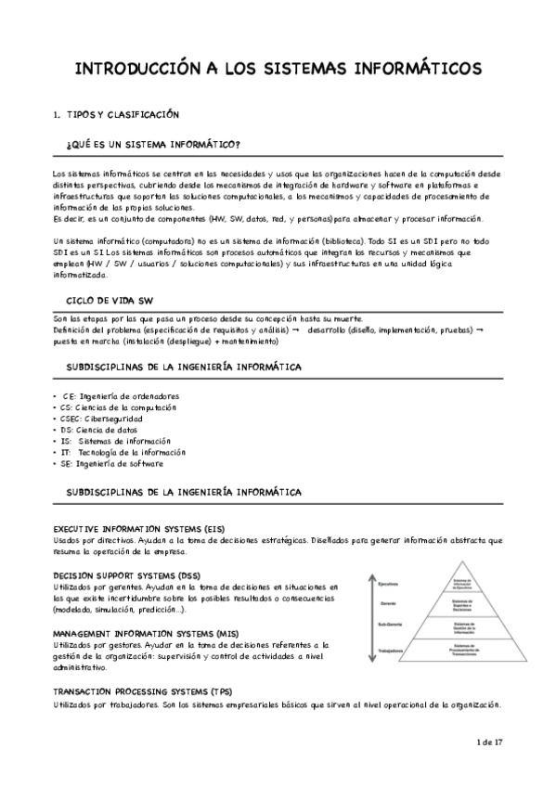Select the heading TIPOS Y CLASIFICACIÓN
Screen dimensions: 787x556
tap(122, 114)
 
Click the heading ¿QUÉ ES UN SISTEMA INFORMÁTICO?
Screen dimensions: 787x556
tap(154, 146)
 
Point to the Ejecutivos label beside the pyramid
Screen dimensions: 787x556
tap(388, 584)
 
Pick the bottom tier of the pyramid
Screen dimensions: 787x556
tap(463, 652)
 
